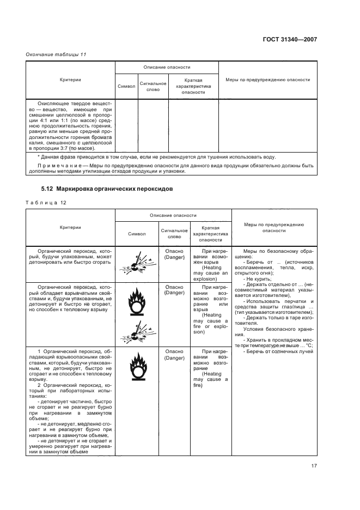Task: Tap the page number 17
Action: click(x=314, y=465)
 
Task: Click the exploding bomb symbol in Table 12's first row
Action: click(x=137, y=263)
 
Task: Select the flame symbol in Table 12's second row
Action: click(x=137, y=302)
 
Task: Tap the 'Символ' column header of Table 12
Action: click(x=137, y=233)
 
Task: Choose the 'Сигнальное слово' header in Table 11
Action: click(x=152, y=86)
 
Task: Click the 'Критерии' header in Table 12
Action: click(x=70, y=227)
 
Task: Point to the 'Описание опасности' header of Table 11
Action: click(x=167, y=67)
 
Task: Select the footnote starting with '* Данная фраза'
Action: click(x=152, y=156)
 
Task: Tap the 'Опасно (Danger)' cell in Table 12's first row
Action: click(x=174, y=254)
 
